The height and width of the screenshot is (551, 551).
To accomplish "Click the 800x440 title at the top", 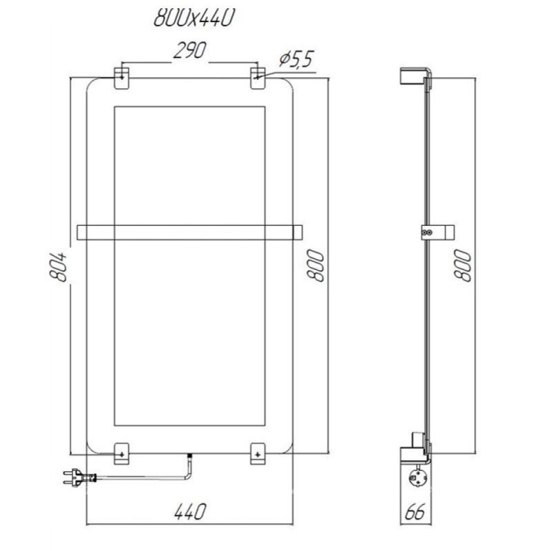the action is [194, 18].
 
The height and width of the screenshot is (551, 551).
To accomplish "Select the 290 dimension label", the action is [190, 50].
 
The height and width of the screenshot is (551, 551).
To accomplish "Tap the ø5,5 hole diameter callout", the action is [296, 59].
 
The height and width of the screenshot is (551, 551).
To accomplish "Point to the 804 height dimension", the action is [59, 267].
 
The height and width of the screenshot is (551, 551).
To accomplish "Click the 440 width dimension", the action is [190, 512].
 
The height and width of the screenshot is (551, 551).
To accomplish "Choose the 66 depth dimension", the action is [415, 512].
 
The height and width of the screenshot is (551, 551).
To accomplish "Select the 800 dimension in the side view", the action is [462, 266].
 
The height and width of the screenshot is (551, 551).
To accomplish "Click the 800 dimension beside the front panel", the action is [315, 266].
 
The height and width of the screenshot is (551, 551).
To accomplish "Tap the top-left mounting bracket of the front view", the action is [122, 78].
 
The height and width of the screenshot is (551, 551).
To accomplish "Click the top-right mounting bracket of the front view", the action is [258, 78].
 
